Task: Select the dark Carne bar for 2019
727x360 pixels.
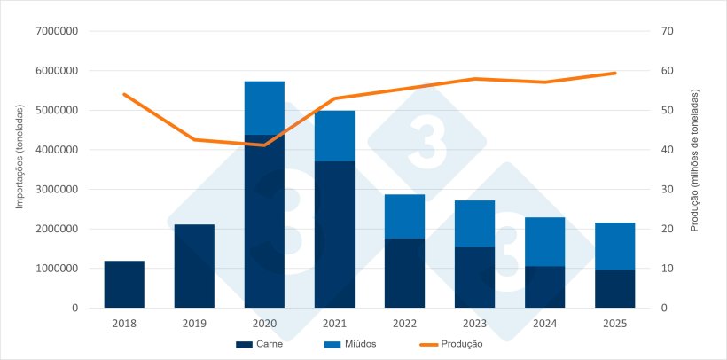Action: tap(194, 266)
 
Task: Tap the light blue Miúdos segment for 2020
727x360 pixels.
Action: tap(264, 108)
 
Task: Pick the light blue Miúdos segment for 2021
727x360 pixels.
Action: tap(334, 136)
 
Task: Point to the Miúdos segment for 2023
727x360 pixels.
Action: tap(474, 223)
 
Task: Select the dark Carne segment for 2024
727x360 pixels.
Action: tap(544, 286)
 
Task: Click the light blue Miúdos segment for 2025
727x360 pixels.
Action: tap(614, 246)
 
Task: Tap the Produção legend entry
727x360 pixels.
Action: tap(450, 344)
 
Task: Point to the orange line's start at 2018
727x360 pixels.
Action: tap(124, 94)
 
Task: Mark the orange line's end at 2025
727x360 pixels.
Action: tap(614, 73)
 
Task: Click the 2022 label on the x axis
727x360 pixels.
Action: tap(404, 324)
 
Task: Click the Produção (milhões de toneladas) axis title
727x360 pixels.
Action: tap(695, 160)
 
